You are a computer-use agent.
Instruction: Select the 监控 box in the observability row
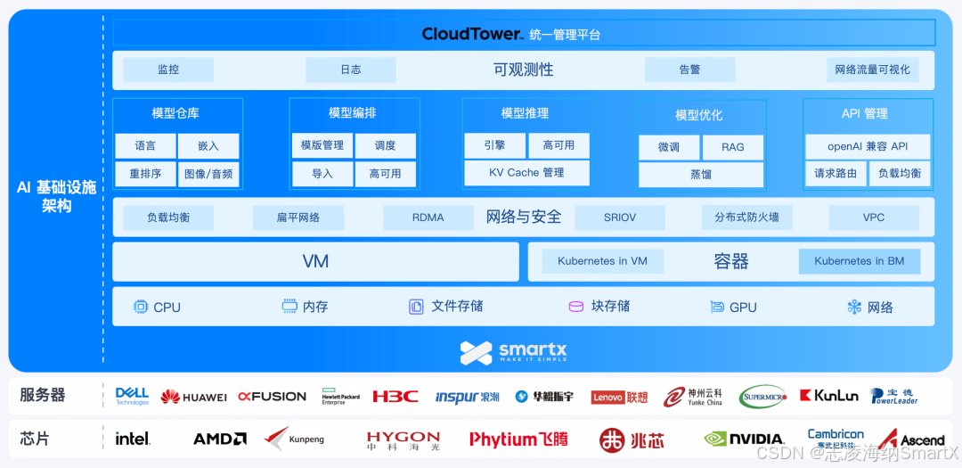tap(168, 70)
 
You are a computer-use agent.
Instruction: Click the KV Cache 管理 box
tap(526, 173)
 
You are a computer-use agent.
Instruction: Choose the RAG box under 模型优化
tap(732, 147)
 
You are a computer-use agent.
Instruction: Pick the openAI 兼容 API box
tap(868, 146)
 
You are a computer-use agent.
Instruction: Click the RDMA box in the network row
tap(428, 218)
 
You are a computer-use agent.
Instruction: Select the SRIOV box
tap(620, 218)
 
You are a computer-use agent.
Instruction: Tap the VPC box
tap(873, 218)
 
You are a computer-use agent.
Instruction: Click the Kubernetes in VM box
tap(602, 261)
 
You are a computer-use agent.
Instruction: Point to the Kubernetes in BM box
tap(859, 261)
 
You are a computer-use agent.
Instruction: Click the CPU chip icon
tap(141, 307)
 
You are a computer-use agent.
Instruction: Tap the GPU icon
tap(716, 307)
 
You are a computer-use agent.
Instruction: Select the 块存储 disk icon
tap(576, 307)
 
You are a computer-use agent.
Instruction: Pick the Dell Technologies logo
tap(132, 396)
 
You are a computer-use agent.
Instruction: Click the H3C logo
tap(395, 396)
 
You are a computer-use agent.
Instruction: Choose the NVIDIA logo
tap(744, 439)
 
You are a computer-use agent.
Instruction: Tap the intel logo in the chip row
tap(133, 439)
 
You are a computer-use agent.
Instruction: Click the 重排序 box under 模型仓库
tap(145, 174)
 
